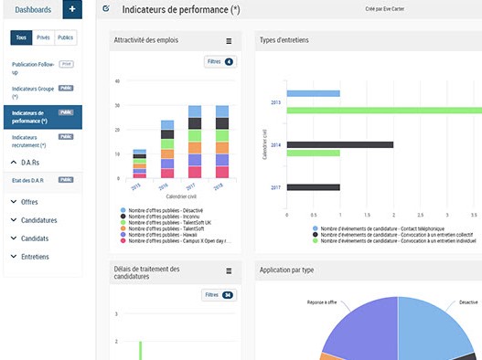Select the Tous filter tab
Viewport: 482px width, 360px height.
(x=21, y=39)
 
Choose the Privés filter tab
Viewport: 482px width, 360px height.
(x=43, y=39)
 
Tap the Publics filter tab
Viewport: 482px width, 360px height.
(x=66, y=39)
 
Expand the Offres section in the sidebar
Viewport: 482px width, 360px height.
(x=31, y=202)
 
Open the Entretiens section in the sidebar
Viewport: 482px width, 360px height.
(x=35, y=257)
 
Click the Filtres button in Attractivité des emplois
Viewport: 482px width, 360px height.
(x=218, y=62)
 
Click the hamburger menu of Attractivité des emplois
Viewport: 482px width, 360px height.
(x=229, y=41)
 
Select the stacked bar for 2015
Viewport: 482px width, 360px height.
(x=139, y=164)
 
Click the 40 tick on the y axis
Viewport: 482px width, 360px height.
(x=117, y=81)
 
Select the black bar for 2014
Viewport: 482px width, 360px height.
(x=339, y=144)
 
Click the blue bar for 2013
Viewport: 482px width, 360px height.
(x=313, y=93)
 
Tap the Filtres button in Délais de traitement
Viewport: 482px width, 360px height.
(x=218, y=295)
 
